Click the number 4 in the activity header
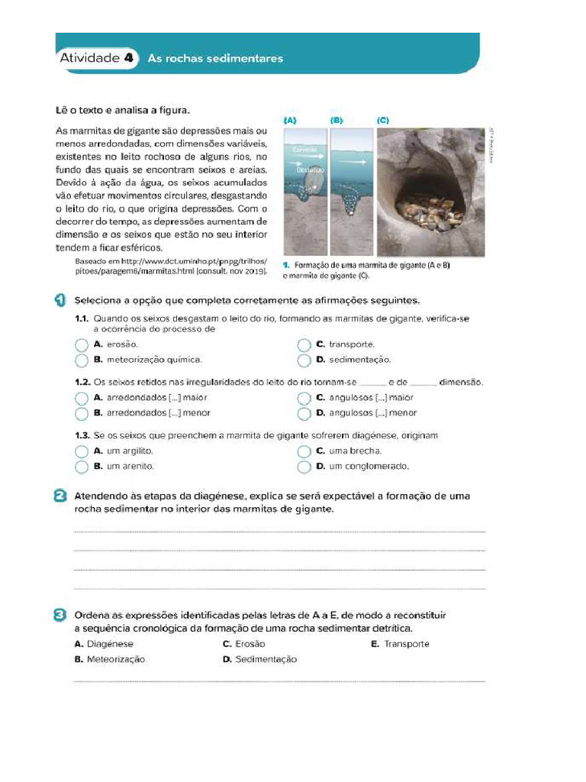(128, 58)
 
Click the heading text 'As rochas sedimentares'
(214, 58)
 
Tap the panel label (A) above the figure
(290, 121)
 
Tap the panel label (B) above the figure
(337, 121)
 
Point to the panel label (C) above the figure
(383, 121)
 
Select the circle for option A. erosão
(82, 345)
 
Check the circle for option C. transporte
(304, 345)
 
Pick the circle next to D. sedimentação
(304, 360)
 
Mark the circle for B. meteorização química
(82, 360)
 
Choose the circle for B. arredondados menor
(82, 413)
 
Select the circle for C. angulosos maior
(304, 399)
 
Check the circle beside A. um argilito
(82, 452)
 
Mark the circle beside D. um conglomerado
(304, 467)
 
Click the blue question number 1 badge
(61, 300)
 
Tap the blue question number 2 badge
(61, 496)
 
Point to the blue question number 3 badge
(61, 616)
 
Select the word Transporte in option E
(406, 644)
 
